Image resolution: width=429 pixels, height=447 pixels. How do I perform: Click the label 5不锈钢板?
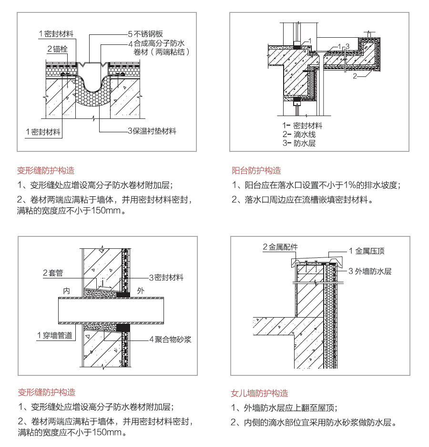click(145, 34)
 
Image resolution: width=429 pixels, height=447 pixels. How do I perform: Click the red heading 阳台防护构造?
click(256, 171)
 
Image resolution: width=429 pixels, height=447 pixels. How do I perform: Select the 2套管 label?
click(52, 273)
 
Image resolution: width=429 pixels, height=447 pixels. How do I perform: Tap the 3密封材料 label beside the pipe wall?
click(166, 277)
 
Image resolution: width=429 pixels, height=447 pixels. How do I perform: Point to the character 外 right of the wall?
click(140, 290)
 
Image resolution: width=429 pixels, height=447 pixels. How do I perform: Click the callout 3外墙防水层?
click(369, 271)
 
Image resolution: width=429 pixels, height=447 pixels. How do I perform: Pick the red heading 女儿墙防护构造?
click(259, 394)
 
